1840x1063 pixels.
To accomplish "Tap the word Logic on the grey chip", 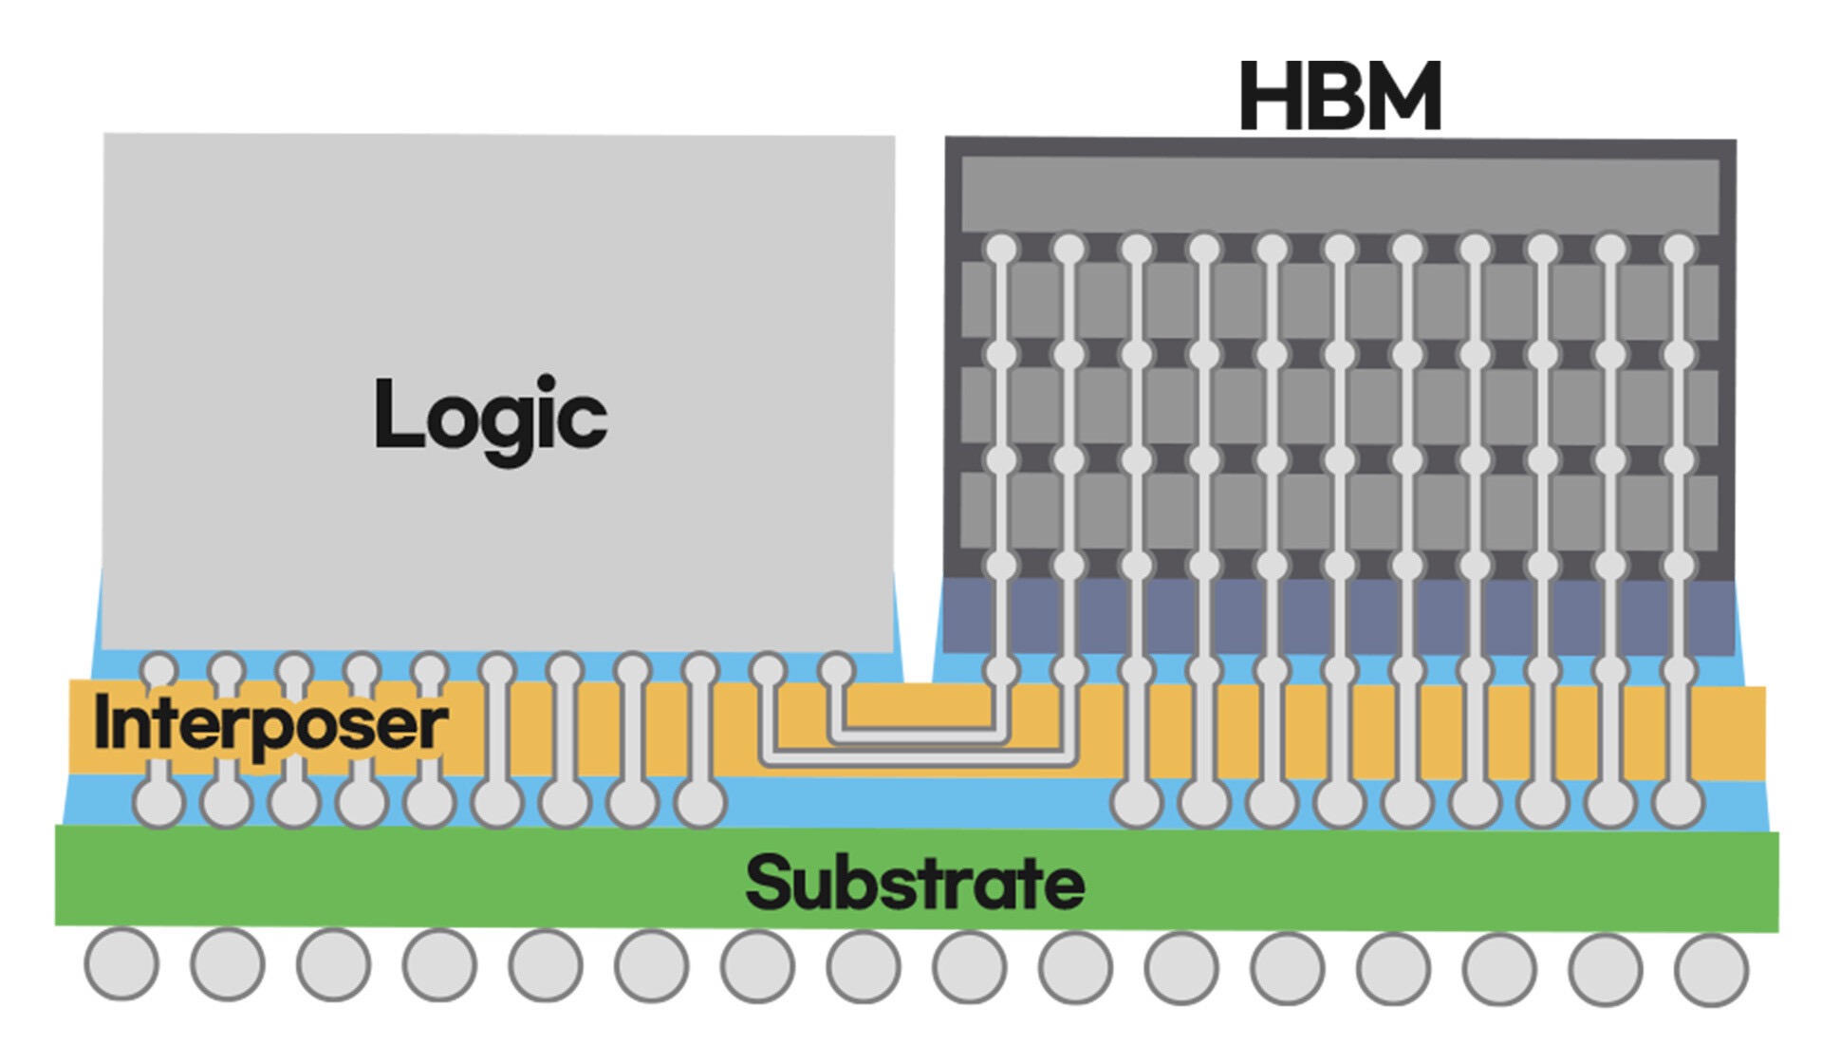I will pyautogui.click(x=491, y=418).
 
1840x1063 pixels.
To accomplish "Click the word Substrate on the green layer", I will pyautogui.click(x=915, y=883).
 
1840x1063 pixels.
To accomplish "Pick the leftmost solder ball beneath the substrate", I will pyautogui.click(x=121, y=963).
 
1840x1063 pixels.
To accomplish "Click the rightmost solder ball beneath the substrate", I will pyautogui.click(x=1711, y=970).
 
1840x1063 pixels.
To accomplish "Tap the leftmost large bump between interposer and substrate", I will pyautogui.click(x=158, y=804).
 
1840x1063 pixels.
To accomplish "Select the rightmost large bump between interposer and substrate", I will pyautogui.click(x=1679, y=804).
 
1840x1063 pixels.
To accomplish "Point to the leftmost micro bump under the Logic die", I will pyautogui.click(x=158, y=669).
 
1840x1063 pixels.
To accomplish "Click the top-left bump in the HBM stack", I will pyautogui.click(x=1001, y=250).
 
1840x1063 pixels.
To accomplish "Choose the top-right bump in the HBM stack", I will pyautogui.click(x=1679, y=250).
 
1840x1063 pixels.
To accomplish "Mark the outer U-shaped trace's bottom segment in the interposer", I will pyautogui.click(x=919, y=759).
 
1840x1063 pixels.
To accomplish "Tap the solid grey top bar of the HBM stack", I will pyautogui.click(x=1340, y=194).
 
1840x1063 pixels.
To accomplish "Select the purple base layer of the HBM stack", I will pyautogui.click(x=1340, y=616).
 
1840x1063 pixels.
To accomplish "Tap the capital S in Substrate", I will pyautogui.click(x=769, y=883).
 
